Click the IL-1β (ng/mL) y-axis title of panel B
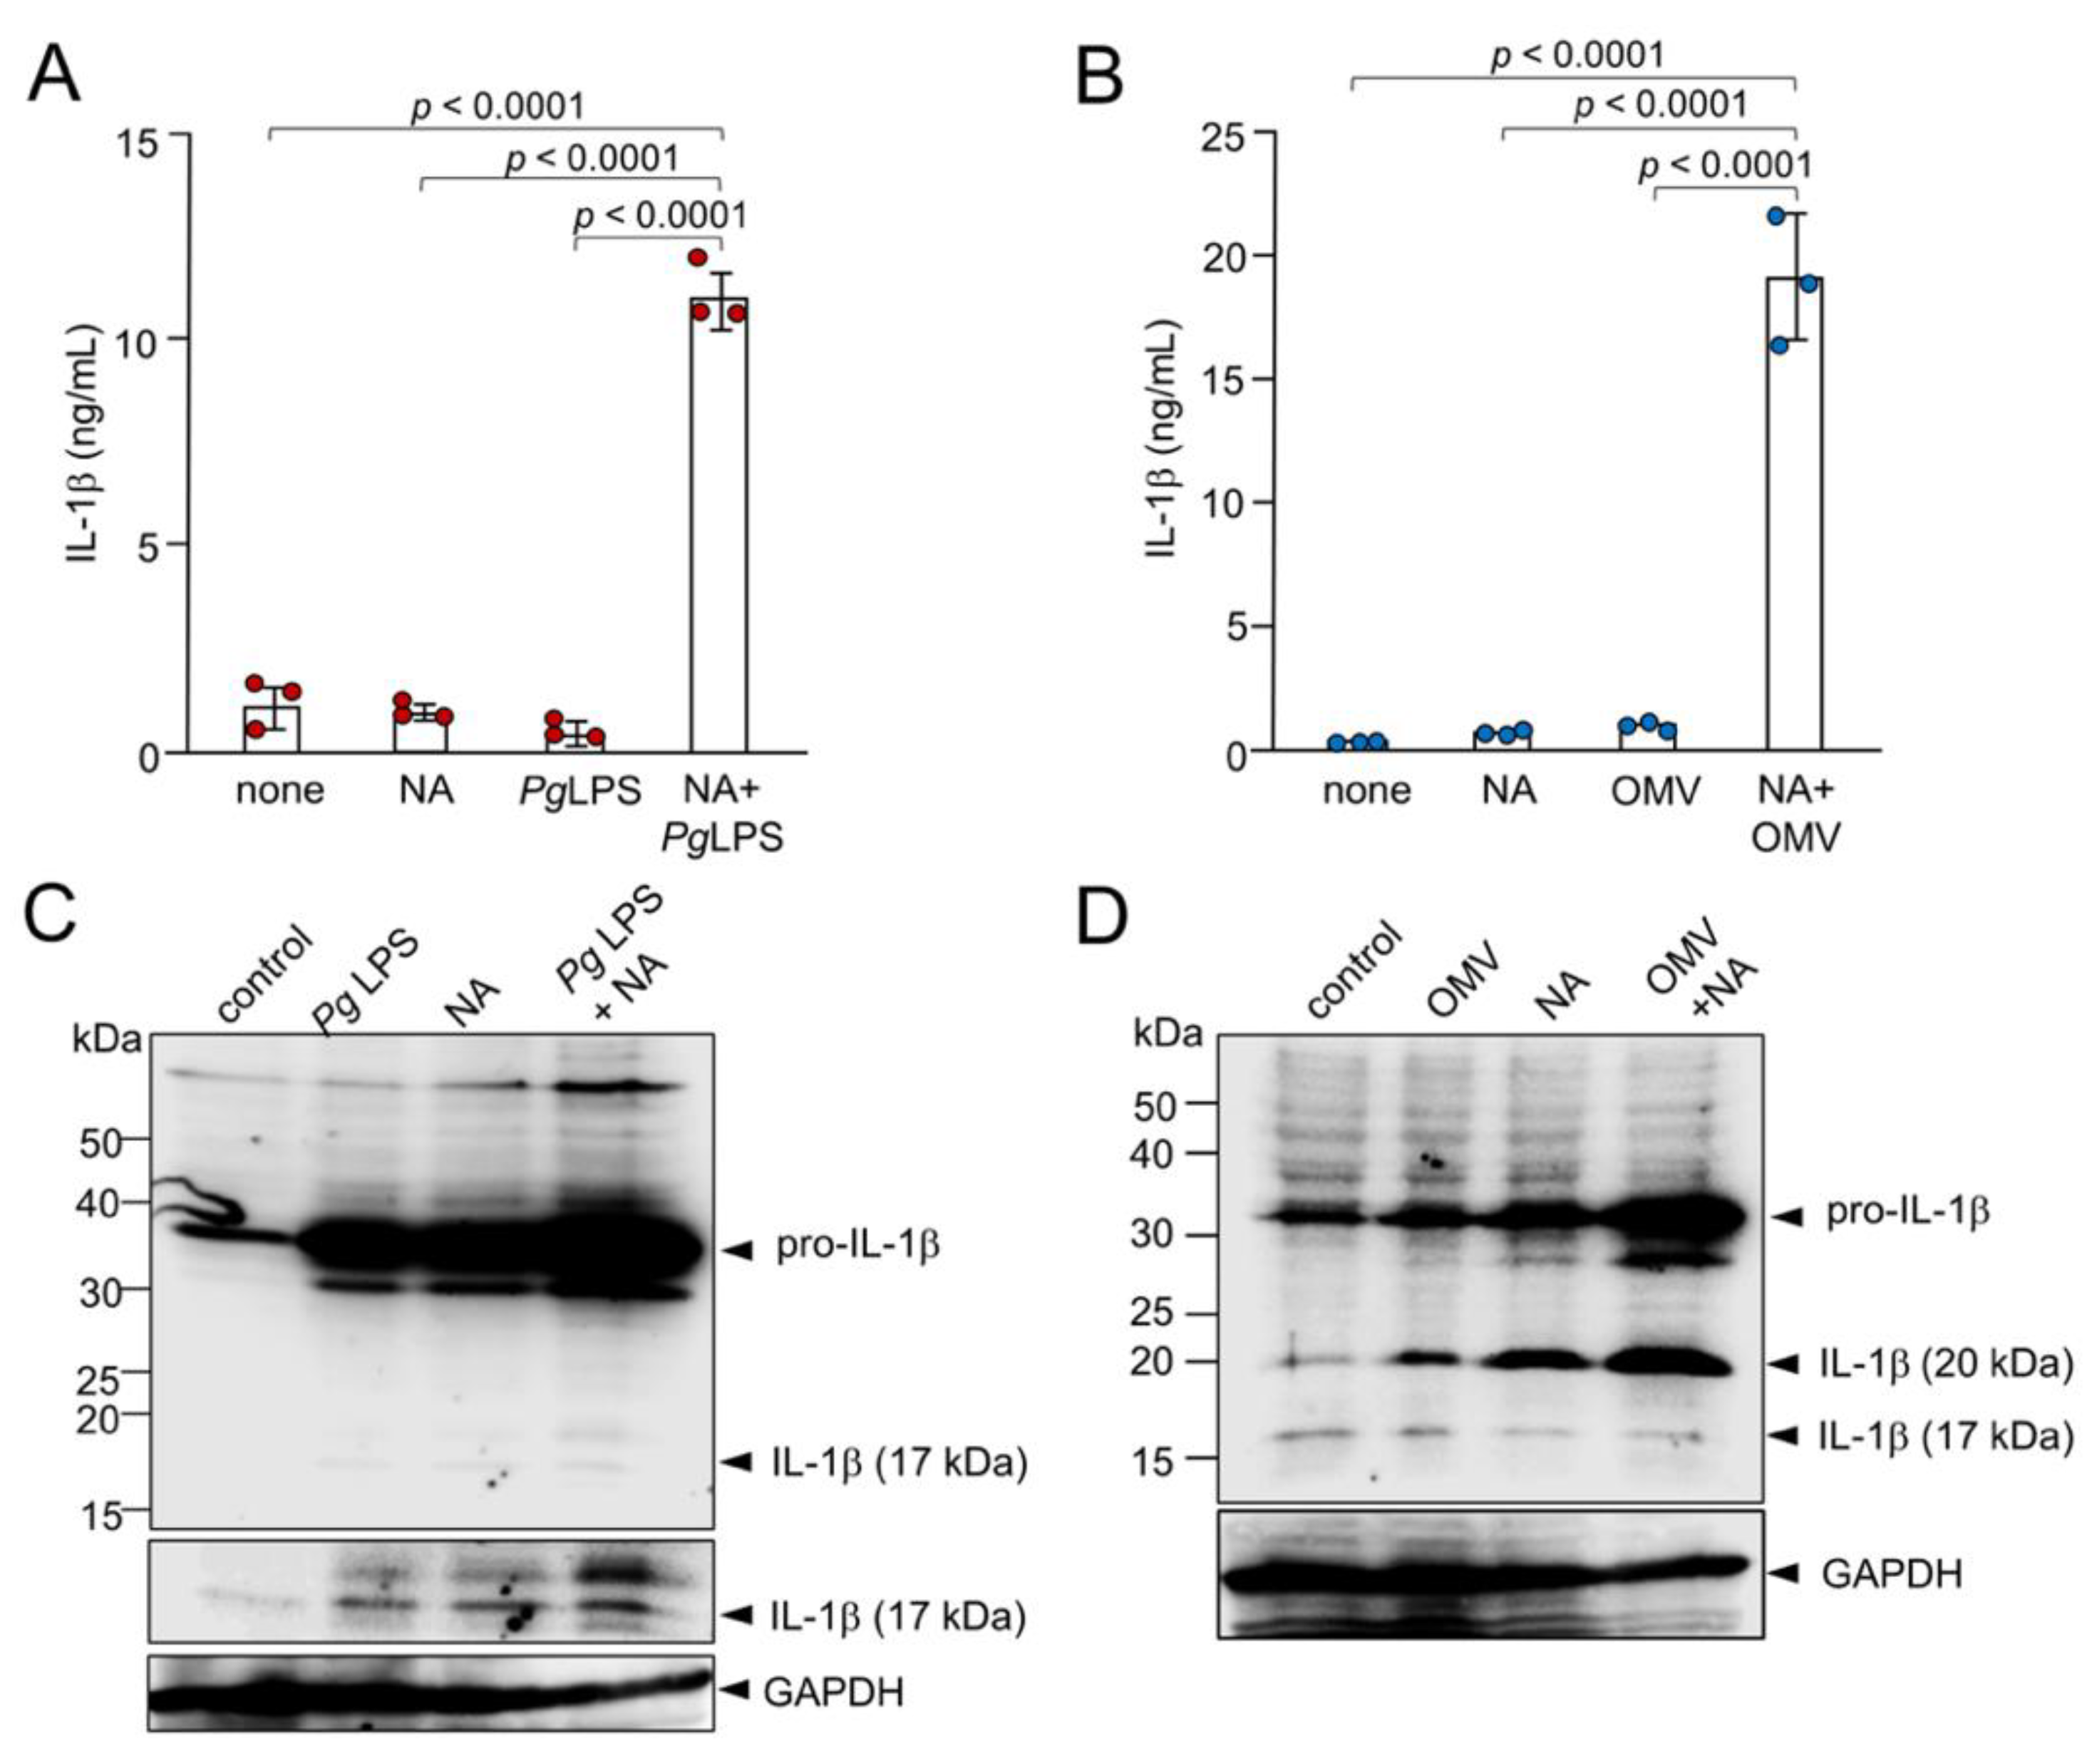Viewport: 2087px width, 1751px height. [1162, 438]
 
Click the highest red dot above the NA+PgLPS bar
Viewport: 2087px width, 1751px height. [698, 257]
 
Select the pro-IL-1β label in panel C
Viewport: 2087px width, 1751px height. [857, 1245]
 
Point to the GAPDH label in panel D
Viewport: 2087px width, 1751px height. [1891, 1574]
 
